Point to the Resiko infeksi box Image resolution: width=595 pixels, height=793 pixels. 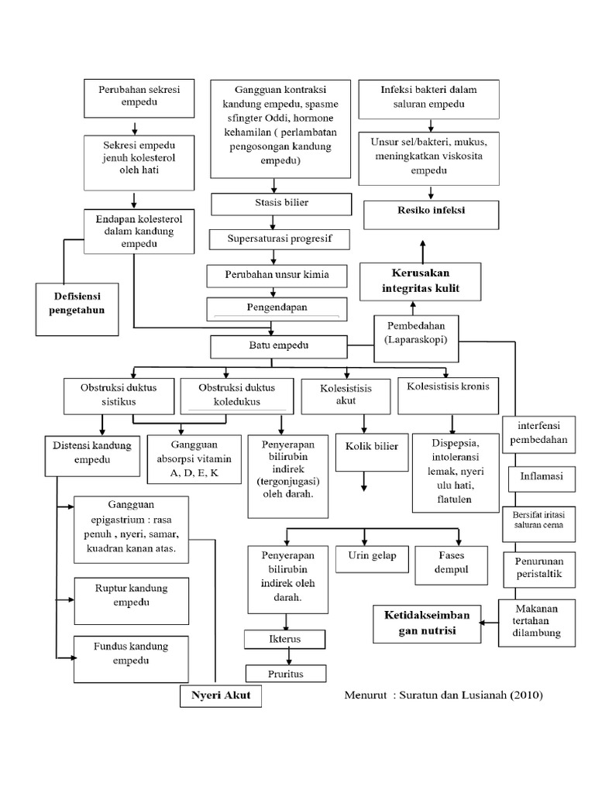(421, 211)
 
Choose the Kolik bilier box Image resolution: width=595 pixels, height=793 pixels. (366, 447)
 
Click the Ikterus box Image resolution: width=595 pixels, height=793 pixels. (284, 640)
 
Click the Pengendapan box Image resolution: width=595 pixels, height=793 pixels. (277, 307)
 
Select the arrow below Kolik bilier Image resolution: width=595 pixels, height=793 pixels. (363, 479)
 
